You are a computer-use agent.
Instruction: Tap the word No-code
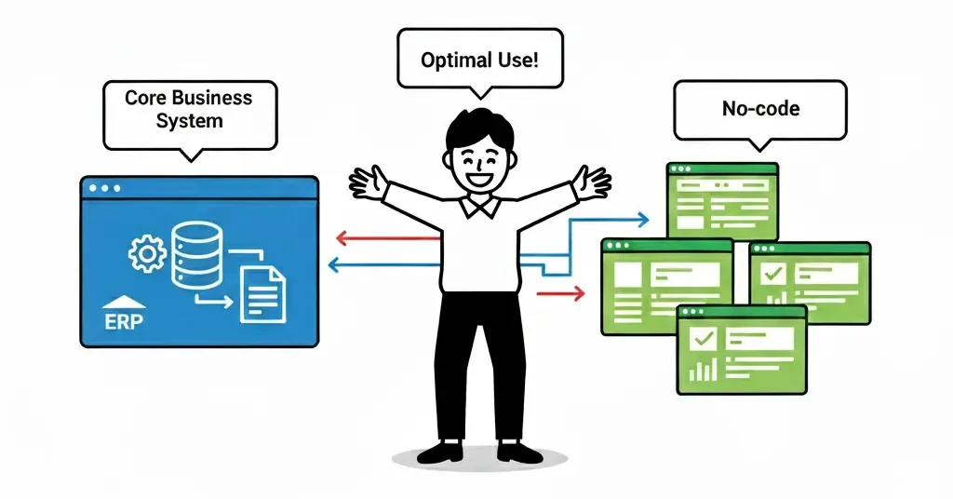pos(760,109)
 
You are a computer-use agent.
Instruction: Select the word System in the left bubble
pos(189,121)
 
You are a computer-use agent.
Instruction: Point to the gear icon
pos(148,253)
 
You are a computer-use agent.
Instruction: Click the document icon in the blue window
pos(262,294)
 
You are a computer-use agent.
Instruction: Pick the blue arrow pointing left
pos(382,265)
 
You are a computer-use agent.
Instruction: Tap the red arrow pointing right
pos(560,293)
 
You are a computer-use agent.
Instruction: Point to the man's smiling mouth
pos(480,174)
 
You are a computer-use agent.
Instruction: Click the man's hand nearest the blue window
pos(369,182)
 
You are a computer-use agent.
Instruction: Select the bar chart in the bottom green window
pos(703,370)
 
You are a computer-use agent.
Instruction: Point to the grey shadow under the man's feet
pos(478,458)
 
